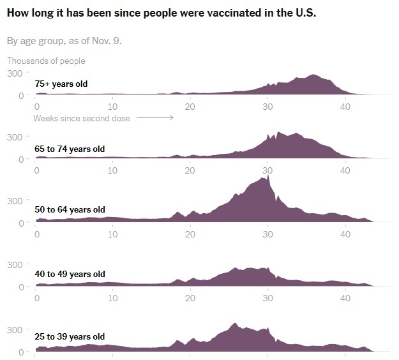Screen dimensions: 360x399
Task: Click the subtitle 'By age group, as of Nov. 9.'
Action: point(64,41)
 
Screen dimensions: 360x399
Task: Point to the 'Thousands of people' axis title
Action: point(46,61)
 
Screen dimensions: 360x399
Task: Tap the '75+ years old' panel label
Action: point(61,84)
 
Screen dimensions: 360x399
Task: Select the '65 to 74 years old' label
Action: point(70,149)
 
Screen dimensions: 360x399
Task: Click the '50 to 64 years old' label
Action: point(70,209)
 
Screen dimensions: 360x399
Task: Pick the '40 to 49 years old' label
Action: point(70,274)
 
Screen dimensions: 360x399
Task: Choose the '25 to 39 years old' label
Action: point(70,336)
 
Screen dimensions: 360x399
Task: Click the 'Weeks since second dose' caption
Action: point(81,118)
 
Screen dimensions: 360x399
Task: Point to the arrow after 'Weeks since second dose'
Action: point(154,118)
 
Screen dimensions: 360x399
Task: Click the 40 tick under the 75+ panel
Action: point(345,107)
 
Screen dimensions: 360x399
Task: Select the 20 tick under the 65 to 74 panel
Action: point(190,170)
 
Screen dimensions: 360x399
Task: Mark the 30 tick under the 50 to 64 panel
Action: point(267,234)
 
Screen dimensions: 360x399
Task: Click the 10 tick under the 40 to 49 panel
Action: point(113,298)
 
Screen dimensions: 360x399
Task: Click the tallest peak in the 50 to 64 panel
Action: point(269,175)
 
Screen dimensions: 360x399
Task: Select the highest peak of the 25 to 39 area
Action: point(235,324)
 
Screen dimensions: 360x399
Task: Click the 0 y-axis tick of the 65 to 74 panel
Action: point(21,159)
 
